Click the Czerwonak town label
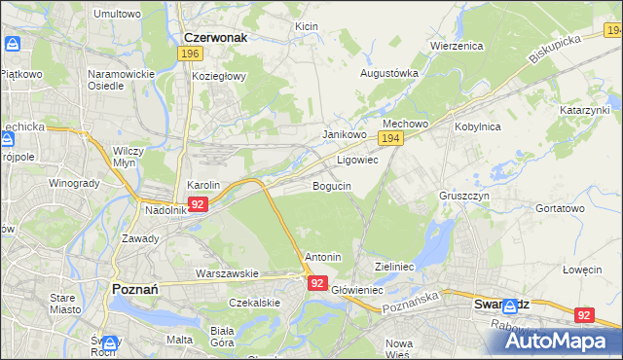215,37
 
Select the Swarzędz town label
500,304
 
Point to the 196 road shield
191,54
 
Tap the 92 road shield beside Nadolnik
198,204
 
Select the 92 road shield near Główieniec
317,282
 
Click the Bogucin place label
331,186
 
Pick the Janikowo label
344,135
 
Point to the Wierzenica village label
457,46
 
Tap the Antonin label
323,257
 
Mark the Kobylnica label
477,126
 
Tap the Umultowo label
117,14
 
